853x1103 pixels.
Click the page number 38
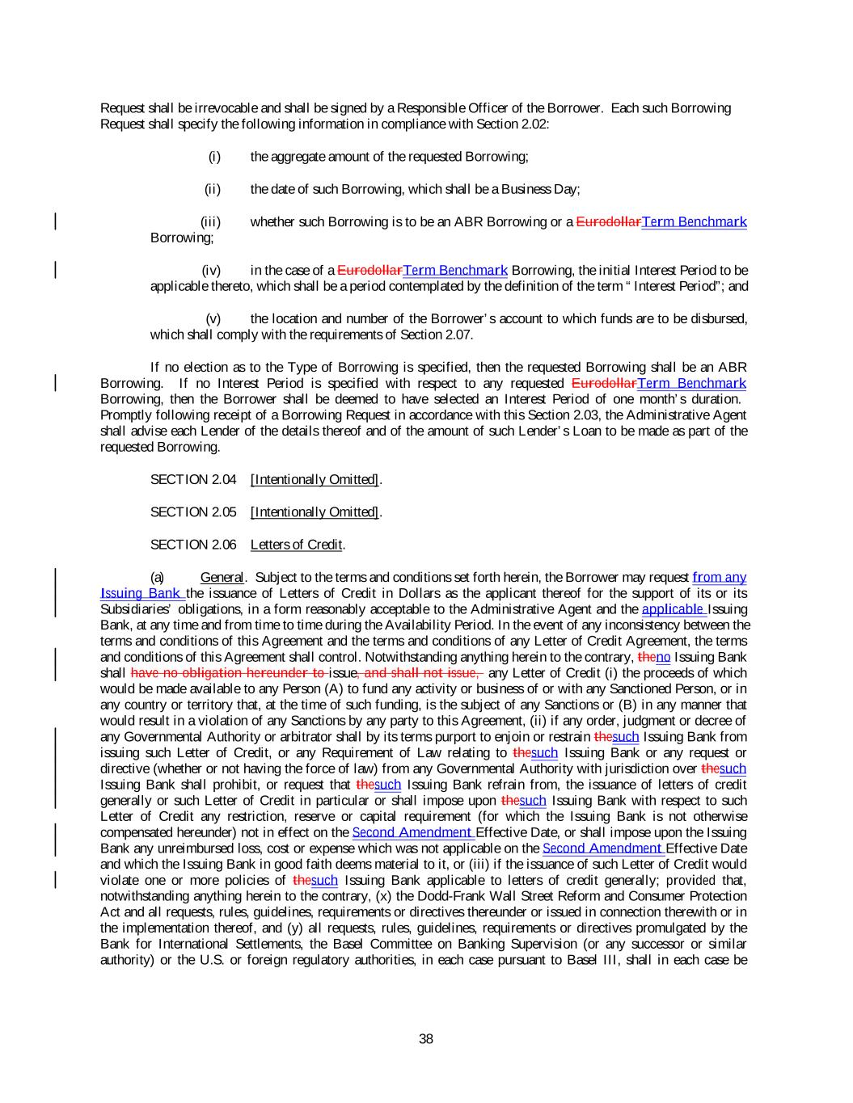pyautogui.click(x=426, y=1039)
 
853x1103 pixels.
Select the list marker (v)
pyautogui.click(x=213, y=318)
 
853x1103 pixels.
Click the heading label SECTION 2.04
pyautogui.click(x=193, y=480)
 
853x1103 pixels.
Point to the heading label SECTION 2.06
pyautogui.click(x=193, y=545)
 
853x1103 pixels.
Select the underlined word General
pyautogui.click(x=222, y=577)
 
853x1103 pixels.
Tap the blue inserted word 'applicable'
pyautogui.click(x=674, y=608)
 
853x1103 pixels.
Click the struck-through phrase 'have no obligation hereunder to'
pyautogui.click(x=227, y=672)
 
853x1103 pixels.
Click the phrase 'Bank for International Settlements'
pyautogui.click(x=194, y=944)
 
